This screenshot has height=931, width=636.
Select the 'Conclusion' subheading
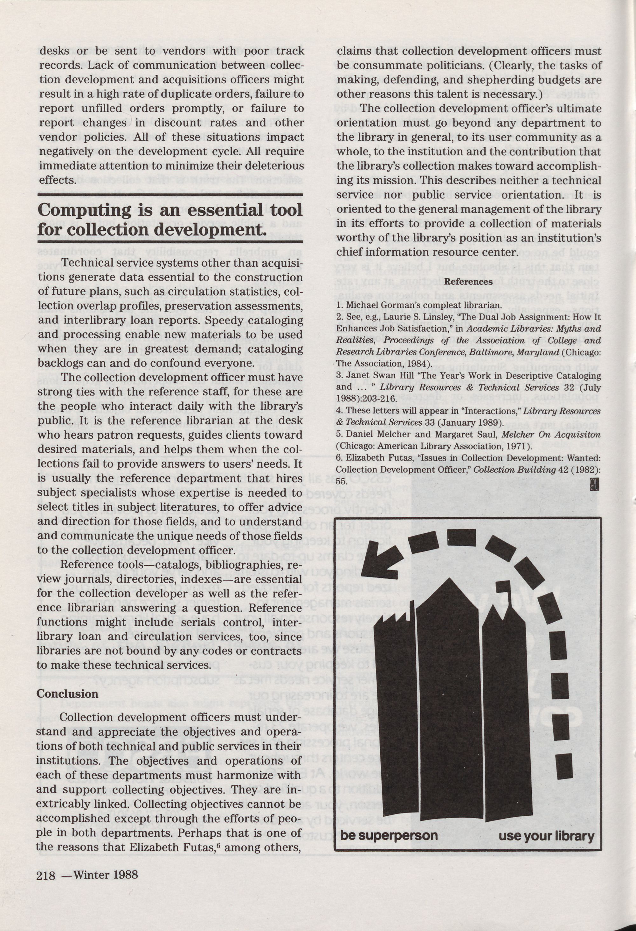pos(67,693)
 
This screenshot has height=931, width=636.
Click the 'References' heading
pos(468,282)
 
